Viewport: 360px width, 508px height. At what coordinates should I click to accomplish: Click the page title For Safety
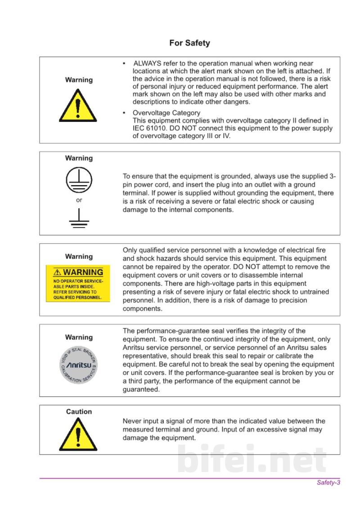coord(189,43)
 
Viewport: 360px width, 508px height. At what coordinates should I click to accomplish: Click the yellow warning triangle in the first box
coord(78,106)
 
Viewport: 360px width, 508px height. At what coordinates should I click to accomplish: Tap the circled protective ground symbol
coord(79,180)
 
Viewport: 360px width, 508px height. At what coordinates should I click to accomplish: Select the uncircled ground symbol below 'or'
coord(79,218)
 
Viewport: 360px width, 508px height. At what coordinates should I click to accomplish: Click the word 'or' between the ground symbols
coord(79,200)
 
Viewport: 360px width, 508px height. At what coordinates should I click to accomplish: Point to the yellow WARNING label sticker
coord(78,284)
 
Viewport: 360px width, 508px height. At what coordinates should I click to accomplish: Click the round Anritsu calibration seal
coord(78,365)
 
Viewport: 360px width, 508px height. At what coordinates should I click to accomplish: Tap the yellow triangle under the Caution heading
coord(78,434)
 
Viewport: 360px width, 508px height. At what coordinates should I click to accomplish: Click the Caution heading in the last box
coord(79,411)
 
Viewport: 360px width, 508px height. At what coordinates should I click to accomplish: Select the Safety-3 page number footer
coord(328,482)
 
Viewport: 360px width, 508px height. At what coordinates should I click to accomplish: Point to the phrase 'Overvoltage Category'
coord(166,113)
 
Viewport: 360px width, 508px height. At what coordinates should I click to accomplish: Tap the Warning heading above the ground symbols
coord(79,158)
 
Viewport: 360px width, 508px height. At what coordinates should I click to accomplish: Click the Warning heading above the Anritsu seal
coord(79,337)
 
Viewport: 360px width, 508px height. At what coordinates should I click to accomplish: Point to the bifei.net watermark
coord(252,459)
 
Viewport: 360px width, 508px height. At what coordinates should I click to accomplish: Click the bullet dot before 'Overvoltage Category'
coord(124,113)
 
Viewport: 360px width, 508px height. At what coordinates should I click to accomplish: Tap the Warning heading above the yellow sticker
coord(79,257)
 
